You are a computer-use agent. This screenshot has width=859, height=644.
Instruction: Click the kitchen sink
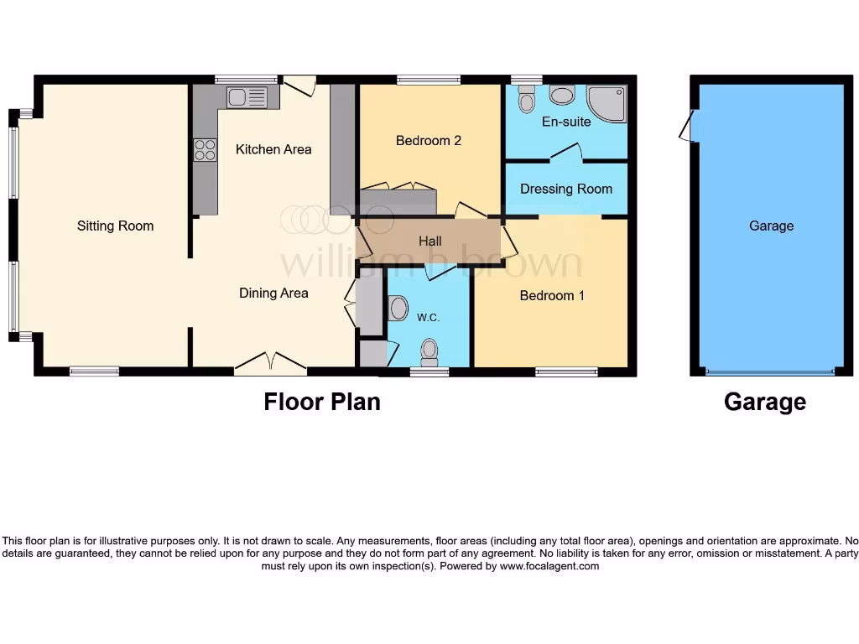247,97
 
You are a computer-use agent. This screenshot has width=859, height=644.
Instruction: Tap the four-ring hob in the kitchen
205,149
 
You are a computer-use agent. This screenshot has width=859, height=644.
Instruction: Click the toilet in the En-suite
527,101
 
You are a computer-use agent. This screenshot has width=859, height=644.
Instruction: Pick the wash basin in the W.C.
398,308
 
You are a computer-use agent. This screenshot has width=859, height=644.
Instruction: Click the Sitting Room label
115,226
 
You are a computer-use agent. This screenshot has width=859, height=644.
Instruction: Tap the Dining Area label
273,293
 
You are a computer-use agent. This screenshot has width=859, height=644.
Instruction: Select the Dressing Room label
566,189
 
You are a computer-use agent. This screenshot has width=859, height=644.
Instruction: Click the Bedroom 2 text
429,141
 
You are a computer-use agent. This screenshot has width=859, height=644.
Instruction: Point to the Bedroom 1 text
552,295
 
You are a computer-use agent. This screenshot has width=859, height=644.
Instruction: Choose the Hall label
429,241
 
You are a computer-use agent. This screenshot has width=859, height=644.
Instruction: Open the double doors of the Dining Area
270,361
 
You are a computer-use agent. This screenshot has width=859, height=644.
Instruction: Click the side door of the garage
688,127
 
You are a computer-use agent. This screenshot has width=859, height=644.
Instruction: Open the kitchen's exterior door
299,83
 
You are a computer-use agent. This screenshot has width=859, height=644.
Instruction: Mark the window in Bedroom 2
429,80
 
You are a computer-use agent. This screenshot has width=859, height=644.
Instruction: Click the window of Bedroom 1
566,371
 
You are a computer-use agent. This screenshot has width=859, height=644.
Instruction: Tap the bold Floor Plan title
322,402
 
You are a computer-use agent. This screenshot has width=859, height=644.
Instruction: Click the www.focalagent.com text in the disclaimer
549,566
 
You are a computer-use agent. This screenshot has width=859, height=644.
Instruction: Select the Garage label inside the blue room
771,226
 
